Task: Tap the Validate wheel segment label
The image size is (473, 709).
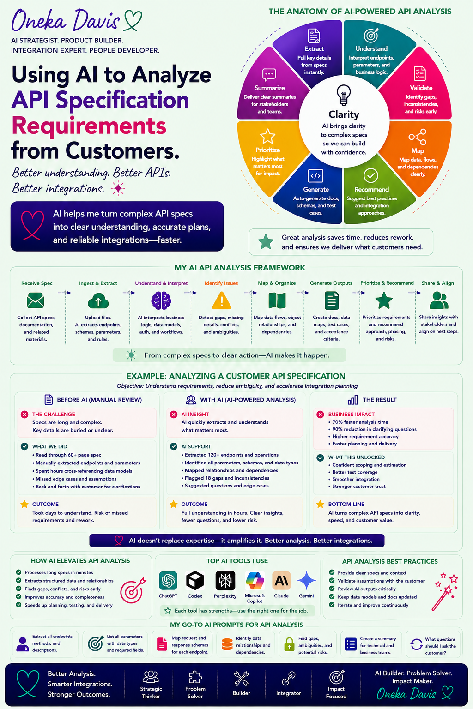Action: pyautogui.click(x=421, y=88)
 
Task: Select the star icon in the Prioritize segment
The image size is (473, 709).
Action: pyautogui.click(x=268, y=137)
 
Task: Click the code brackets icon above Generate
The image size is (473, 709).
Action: pyautogui.click(x=315, y=176)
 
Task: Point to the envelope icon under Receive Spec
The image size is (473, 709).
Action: pyautogui.click(x=36, y=300)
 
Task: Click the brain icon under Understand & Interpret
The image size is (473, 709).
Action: pyautogui.click(x=161, y=300)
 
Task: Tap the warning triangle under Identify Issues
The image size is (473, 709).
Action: pyautogui.click(x=221, y=300)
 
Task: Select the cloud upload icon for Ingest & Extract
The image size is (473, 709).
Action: pyautogui.click(x=98, y=300)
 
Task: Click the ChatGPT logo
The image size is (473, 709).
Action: pyautogui.click(x=168, y=581)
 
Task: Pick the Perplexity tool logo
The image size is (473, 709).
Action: pyautogui.click(x=225, y=581)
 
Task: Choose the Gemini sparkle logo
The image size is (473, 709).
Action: pyautogui.click(x=306, y=581)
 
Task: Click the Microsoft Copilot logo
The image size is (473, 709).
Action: pyautogui.click(x=255, y=581)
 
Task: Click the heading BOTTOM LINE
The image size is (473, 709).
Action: pyautogui.click(x=346, y=504)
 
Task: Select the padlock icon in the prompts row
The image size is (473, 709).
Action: pyautogui.click(x=289, y=644)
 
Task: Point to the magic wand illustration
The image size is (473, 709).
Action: pyautogui.click(x=445, y=591)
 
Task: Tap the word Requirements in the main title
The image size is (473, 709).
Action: pyautogui.click(x=89, y=126)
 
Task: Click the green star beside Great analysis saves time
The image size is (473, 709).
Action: pyautogui.click(x=266, y=242)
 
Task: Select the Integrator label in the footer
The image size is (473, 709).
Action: pyautogui.click(x=289, y=693)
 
